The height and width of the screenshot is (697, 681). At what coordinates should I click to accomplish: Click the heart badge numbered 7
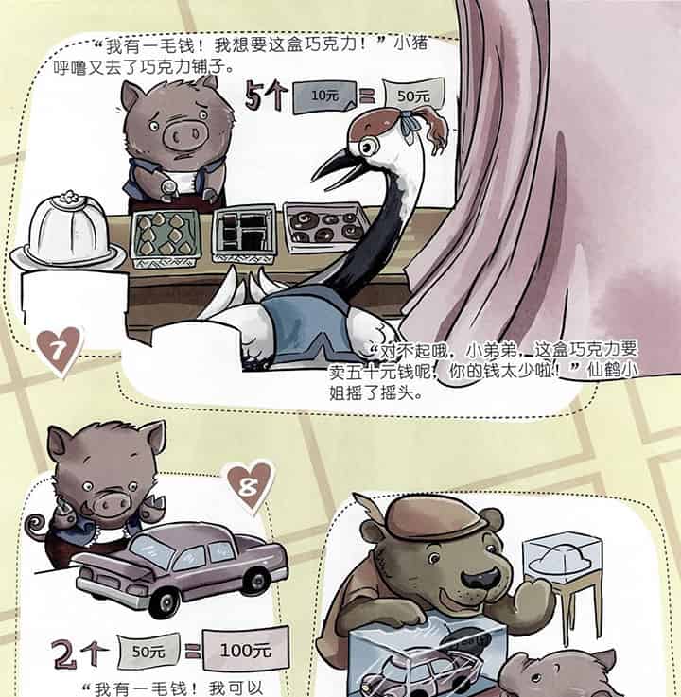61,353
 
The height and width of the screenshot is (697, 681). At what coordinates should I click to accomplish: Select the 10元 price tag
322,96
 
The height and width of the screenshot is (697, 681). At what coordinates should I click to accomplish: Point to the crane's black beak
332,166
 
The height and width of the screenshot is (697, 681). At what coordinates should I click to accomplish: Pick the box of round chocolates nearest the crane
324,227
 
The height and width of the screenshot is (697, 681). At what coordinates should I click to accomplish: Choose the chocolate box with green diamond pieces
167,235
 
